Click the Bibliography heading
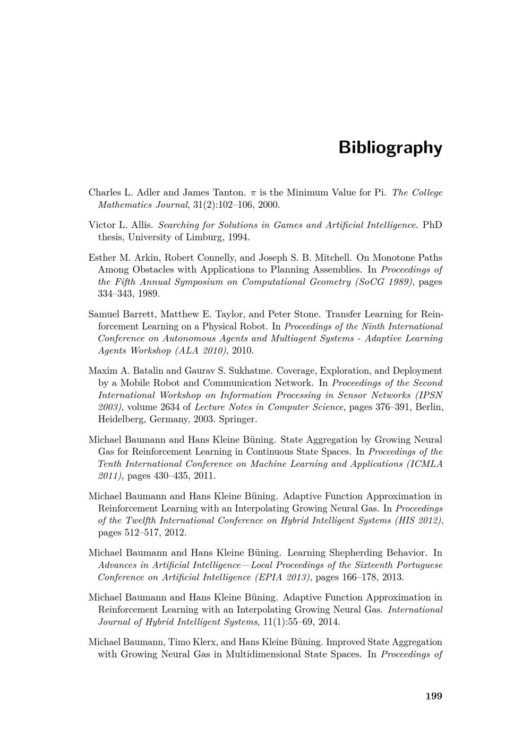pyautogui.click(x=390, y=148)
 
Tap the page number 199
pyautogui.click(x=434, y=696)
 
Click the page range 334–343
pyautogui.click(x=113, y=294)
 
